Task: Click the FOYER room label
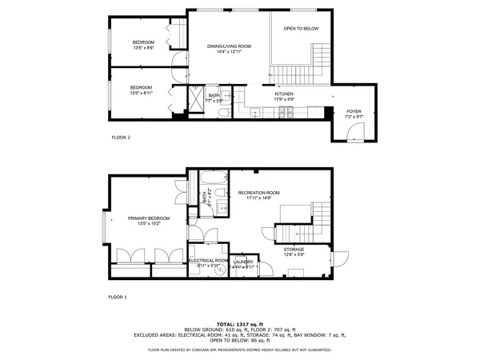[x=354, y=111]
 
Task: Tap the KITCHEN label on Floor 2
[x=285, y=94]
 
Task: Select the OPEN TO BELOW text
[x=301, y=28]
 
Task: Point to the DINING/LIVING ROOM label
[x=229, y=46]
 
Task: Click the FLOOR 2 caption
[x=121, y=138]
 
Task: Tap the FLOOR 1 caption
[x=118, y=297]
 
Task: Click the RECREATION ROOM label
[x=258, y=193]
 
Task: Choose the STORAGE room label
[x=294, y=249]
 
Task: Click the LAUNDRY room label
[x=244, y=262]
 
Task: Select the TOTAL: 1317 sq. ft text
[x=240, y=323]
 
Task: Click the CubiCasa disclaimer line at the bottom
[x=240, y=350]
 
